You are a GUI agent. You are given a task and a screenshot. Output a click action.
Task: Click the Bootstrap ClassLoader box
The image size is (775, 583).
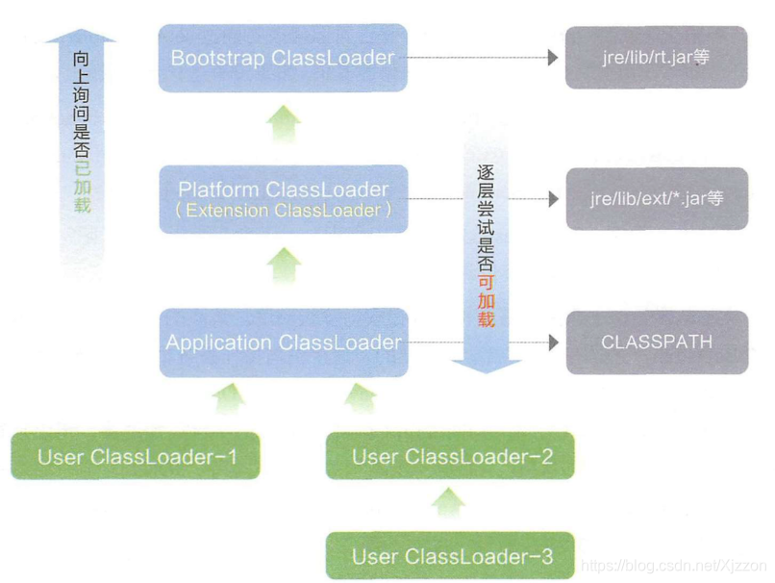click(283, 58)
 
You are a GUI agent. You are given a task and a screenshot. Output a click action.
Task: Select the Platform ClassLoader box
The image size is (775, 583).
click(284, 199)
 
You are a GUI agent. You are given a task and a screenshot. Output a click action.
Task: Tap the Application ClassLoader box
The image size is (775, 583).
click(284, 342)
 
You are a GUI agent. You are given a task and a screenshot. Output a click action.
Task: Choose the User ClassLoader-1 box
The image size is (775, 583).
click(136, 456)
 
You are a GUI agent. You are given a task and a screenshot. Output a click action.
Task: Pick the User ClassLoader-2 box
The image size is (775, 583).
click(450, 456)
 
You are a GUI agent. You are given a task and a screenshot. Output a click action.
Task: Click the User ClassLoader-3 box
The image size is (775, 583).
click(450, 556)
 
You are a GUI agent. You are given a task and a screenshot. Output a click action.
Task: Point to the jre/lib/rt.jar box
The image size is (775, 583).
click(657, 58)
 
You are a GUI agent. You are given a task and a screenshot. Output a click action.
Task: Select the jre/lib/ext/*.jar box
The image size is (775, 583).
click(657, 199)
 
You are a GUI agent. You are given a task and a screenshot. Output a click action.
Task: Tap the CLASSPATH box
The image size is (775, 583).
click(658, 342)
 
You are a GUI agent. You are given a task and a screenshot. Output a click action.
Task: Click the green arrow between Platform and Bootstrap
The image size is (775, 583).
click(284, 123)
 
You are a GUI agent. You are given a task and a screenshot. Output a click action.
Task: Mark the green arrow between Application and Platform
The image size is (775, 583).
click(285, 266)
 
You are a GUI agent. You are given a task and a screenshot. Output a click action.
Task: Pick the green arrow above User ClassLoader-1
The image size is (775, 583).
click(229, 398)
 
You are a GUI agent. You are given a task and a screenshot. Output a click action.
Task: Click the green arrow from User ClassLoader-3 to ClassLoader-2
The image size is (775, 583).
click(448, 502)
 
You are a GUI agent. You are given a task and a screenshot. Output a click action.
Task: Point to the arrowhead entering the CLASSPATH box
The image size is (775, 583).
click(554, 342)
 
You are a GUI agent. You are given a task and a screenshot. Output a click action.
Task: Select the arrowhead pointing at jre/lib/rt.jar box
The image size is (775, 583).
click(553, 58)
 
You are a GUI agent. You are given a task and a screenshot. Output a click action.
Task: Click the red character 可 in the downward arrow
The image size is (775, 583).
click(486, 281)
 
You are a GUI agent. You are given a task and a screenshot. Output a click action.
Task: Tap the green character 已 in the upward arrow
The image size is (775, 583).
click(82, 168)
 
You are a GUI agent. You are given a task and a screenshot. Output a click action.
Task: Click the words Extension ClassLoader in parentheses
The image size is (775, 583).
click(284, 210)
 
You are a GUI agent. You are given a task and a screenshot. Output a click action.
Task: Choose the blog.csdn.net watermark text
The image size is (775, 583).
click(674, 565)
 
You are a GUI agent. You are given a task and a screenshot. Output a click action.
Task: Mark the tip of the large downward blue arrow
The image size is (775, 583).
click(486, 373)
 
